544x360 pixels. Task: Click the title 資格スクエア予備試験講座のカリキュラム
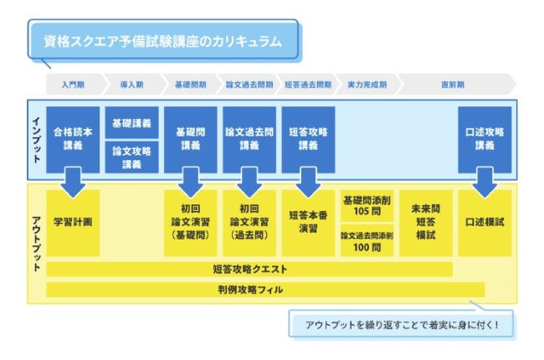[162, 40]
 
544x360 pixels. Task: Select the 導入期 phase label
[132, 85]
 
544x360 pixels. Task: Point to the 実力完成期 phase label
[367, 85]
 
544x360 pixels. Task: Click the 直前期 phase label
[453, 85]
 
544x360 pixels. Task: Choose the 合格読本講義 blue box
[73, 139]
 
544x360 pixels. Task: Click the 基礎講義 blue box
[131, 122]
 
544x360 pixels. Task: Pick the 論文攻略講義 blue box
[131, 157]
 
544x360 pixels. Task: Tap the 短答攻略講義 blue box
[308, 139]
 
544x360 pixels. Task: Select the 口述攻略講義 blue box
[484, 139]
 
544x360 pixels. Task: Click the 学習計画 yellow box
[73, 223]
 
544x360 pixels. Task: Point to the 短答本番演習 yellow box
[308, 223]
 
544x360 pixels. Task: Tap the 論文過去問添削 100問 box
[367, 241]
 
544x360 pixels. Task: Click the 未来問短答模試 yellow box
[425, 223]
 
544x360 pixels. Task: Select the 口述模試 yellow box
[484, 223]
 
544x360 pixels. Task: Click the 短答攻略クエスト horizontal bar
[249, 270]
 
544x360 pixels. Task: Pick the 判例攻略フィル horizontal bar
[249, 290]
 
